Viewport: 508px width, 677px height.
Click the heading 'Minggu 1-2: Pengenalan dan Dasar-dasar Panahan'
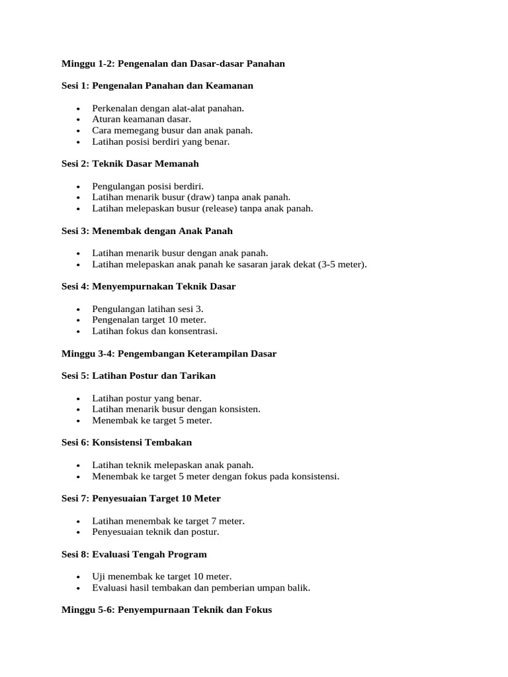click(x=173, y=63)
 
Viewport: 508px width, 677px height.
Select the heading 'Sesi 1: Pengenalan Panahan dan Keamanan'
click(x=157, y=86)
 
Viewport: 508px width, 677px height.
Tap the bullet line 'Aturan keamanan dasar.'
click(x=142, y=120)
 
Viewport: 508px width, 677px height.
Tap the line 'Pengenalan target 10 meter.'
click(x=149, y=320)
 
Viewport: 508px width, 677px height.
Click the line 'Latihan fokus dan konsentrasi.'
click(x=155, y=331)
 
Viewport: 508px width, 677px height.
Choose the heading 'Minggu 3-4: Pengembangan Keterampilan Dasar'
click(x=169, y=354)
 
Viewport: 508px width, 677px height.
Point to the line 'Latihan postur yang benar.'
click(x=147, y=398)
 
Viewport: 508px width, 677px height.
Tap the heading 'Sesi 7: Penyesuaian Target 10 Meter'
click(x=141, y=498)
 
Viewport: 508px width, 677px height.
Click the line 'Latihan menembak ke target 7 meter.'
click(x=169, y=521)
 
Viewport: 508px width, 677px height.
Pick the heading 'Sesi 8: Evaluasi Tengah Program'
click(x=134, y=554)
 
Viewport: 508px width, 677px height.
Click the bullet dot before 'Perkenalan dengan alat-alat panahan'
click(x=78, y=108)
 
